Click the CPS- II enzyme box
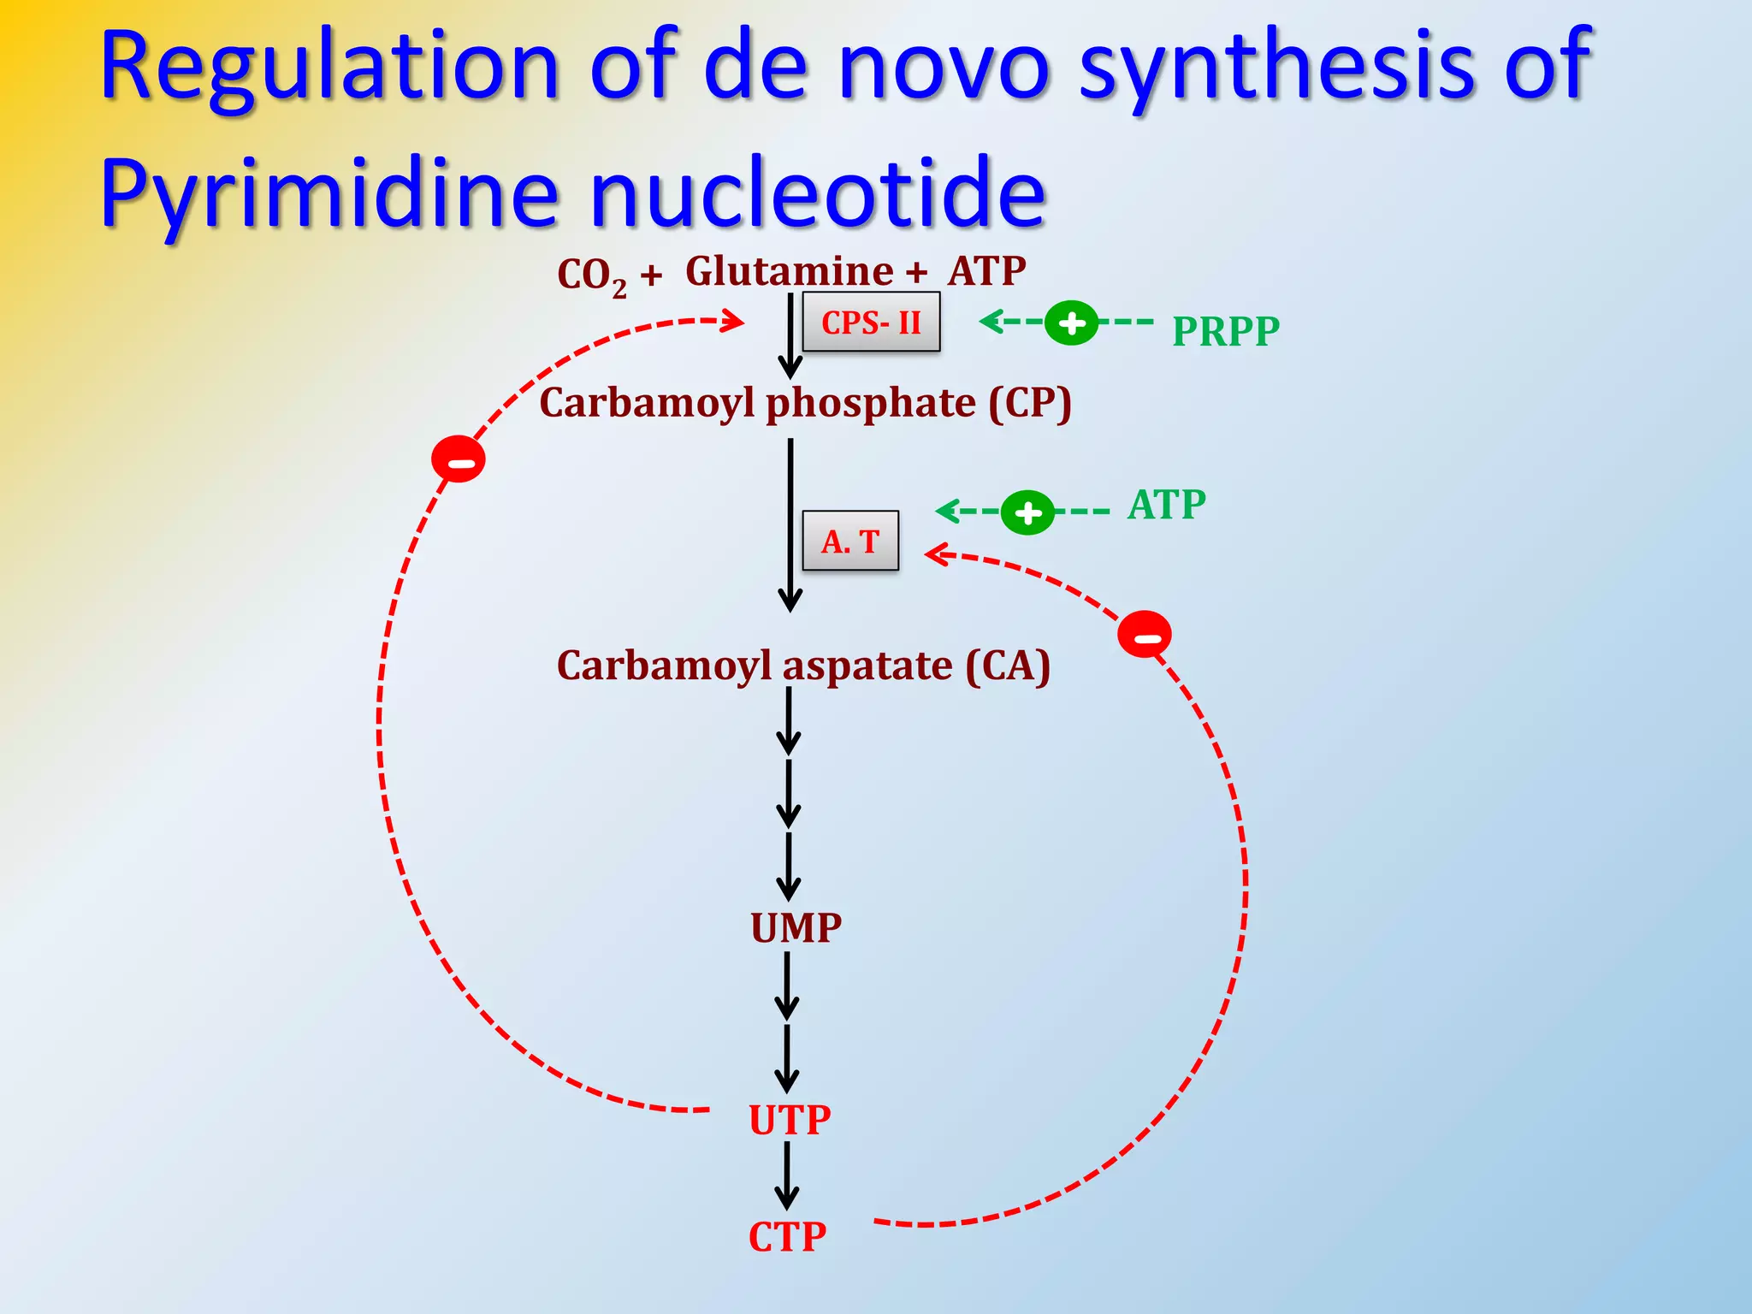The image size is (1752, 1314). point(871,323)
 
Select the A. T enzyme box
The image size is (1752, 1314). point(850,541)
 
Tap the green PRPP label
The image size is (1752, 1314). point(1225,331)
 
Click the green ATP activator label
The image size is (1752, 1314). point(1167,505)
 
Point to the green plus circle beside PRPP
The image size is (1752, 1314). point(1071,323)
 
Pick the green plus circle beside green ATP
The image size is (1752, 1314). point(1027,512)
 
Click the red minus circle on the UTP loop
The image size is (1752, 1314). point(459,459)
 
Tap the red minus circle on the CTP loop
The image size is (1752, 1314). point(1145,635)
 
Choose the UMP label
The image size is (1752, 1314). point(796,928)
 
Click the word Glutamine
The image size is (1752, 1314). point(789,272)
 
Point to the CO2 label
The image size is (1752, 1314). point(591,276)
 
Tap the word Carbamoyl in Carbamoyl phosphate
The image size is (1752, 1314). point(647,403)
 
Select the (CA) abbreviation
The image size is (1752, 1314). point(1007,666)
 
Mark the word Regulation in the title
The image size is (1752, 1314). point(329,67)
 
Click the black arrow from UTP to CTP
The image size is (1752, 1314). point(787,1176)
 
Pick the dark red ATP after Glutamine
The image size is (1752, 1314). point(986,271)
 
